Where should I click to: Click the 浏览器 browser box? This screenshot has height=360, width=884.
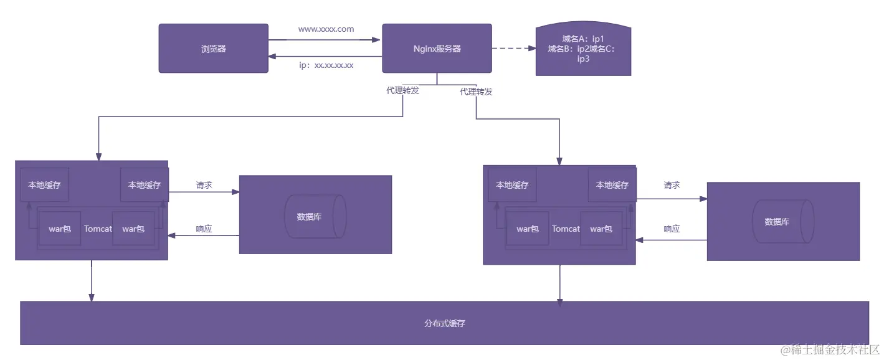point(213,49)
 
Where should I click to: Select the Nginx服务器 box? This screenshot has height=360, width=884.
point(437,49)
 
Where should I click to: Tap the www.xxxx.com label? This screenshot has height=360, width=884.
point(326,29)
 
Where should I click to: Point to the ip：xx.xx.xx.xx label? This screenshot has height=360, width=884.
point(326,65)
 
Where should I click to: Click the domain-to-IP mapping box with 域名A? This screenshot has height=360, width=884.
point(583,49)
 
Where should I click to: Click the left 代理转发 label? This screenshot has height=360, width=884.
point(402,90)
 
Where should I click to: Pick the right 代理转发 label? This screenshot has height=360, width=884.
point(476,92)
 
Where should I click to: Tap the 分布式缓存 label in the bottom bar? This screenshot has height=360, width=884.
point(445,324)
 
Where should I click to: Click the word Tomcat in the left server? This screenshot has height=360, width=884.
point(98,229)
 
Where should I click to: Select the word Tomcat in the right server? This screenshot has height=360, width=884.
point(566,229)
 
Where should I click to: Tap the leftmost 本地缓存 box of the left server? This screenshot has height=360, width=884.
point(44,185)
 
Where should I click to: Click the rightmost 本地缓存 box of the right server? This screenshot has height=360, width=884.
point(612,185)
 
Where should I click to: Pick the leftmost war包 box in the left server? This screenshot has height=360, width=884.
point(60,229)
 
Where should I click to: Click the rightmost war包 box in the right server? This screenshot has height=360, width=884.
point(601,229)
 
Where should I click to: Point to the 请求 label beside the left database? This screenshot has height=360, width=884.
point(204,185)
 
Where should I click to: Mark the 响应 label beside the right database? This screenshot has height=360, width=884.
point(672,229)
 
